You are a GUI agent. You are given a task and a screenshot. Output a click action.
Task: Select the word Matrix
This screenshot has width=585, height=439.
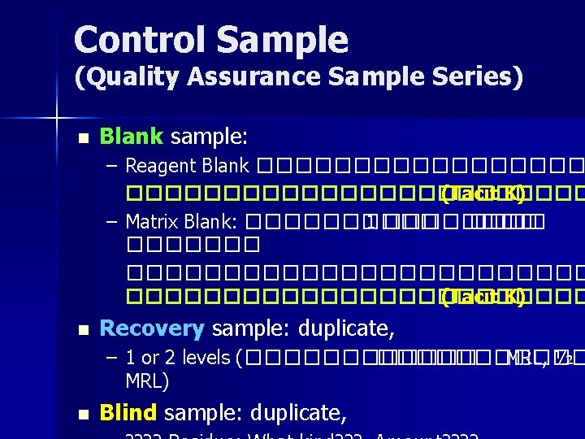(153, 222)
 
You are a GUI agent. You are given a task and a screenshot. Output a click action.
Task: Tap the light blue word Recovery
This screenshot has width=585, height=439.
(151, 328)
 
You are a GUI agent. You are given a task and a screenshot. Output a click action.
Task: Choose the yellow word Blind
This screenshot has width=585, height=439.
(128, 413)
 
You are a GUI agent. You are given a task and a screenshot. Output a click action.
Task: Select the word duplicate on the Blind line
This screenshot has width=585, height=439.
(297, 413)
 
